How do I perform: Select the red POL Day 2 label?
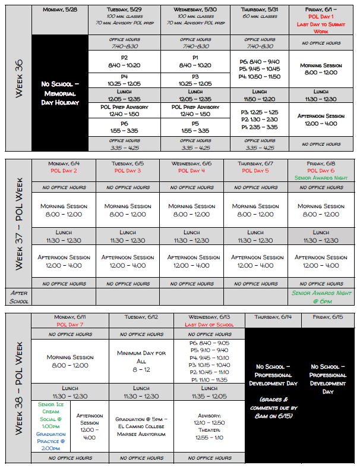(x=64, y=171)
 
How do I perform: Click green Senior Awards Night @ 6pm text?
(x=321, y=297)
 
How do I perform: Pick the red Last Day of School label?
(x=209, y=325)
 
